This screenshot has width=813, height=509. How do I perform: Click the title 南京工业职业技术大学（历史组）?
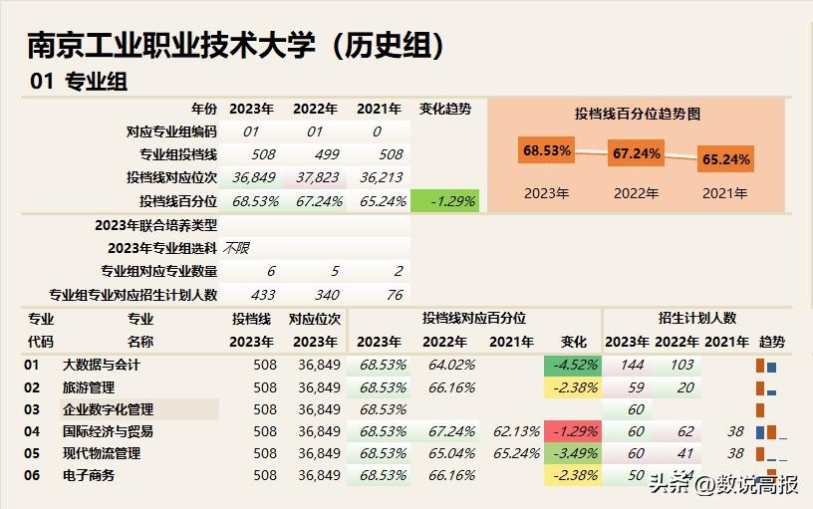(x=235, y=44)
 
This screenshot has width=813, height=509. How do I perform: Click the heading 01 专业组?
(x=79, y=82)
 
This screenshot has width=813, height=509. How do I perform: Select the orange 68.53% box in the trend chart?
(x=547, y=151)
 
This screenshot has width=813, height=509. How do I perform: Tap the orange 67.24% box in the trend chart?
(x=637, y=154)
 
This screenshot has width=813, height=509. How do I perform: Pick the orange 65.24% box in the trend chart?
(x=725, y=158)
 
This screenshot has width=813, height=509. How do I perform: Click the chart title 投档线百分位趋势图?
(x=638, y=114)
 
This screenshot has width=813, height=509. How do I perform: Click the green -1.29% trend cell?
(x=444, y=201)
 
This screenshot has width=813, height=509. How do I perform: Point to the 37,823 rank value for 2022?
(x=317, y=177)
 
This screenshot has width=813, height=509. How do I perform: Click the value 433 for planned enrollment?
(x=264, y=294)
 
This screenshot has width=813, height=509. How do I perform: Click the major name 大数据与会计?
(x=102, y=365)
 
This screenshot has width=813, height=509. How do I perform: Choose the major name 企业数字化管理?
(x=109, y=409)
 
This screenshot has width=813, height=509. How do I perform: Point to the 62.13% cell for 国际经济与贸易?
(x=515, y=431)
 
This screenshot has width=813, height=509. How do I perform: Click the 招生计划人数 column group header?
(x=696, y=318)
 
